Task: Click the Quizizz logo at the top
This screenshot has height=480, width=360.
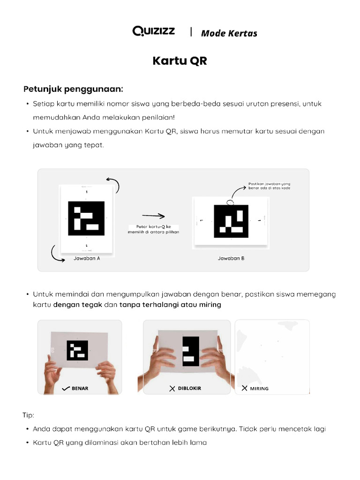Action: click(x=154, y=31)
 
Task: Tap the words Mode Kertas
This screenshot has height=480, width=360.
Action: click(x=229, y=33)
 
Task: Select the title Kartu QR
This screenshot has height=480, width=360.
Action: click(x=180, y=61)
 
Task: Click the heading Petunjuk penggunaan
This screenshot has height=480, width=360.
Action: click(x=74, y=89)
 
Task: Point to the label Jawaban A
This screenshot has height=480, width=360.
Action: click(x=87, y=258)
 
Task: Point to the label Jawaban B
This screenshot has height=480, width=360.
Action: click(x=231, y=258)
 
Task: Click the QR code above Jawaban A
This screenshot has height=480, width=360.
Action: click(x=86, y=218)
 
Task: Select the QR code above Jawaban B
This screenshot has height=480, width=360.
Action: click(x=231, y=221)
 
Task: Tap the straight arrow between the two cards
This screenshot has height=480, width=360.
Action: click(x=153, y=216)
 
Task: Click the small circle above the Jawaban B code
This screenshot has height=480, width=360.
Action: click(x=230, y=202)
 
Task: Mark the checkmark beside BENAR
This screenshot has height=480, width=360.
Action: click(x=66, y=388)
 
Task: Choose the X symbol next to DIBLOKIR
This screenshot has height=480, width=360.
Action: click(x=172, y=388)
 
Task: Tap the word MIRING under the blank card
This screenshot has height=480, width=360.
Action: click(x=259, y=388)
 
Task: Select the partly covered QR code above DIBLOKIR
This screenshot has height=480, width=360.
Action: click(x=191, y=352)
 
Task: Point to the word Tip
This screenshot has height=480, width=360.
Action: click(x=28, y=415)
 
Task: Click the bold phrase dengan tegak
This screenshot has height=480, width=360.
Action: click(x=77, y=305)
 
